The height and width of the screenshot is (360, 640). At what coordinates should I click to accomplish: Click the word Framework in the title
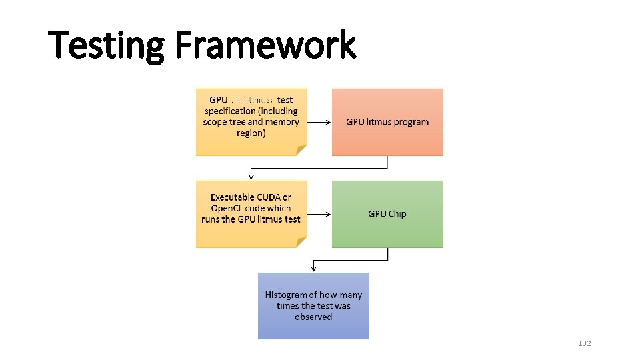265,46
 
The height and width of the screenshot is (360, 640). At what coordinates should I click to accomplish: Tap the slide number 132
584,343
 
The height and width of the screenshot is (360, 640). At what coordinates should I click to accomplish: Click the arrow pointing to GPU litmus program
320,122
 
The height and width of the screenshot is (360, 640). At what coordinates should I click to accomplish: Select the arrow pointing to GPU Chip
320,214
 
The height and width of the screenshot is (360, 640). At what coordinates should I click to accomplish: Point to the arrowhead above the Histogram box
313,268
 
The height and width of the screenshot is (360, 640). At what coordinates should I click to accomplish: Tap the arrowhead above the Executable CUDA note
251,176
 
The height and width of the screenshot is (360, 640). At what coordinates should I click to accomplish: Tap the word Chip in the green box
397,214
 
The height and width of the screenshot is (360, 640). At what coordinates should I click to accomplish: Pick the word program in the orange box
411,123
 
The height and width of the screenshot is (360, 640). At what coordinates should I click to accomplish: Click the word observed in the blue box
313,317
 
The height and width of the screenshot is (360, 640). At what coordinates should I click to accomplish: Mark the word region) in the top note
251,133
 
